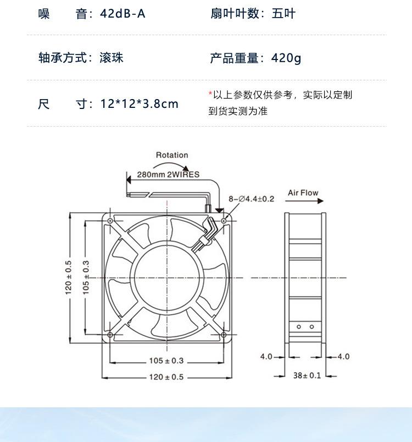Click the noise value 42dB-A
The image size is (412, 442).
(x=123, y=13)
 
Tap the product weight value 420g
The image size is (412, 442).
(x=286, y=58)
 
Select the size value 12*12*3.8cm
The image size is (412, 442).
(x=140, y=103)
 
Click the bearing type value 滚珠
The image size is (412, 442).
(x=112, y=58)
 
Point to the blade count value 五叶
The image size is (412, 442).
(x=283, y=13)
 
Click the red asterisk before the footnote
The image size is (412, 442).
(x=210, y=94)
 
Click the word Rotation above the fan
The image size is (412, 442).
(x=171, y=155)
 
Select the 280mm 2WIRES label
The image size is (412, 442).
(x=168, y=174)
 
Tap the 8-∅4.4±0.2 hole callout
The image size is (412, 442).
(x=251, y=199)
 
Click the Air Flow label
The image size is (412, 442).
(x=303, y=193)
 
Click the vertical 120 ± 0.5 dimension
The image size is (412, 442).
(x=69, y=277)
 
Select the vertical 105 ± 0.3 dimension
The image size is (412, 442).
(x=86, y=277)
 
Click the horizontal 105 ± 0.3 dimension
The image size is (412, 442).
(x=166, y=361)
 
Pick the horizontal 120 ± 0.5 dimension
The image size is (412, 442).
(x=166, y=377)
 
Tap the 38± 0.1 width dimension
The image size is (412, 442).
(x=306, y=375)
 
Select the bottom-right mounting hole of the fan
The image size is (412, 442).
(x=224, y=335)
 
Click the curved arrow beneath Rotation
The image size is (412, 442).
(x=171, y=165)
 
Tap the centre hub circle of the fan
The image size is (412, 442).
(x=167, y=277)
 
